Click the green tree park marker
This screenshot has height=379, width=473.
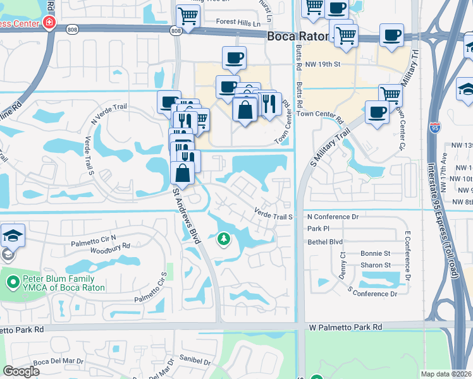223,239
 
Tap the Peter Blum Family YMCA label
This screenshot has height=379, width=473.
59,283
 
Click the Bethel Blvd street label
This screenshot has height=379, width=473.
324,242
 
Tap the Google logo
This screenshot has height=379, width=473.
21,371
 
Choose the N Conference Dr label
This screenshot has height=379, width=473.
333,216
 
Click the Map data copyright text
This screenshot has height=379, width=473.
446,374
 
